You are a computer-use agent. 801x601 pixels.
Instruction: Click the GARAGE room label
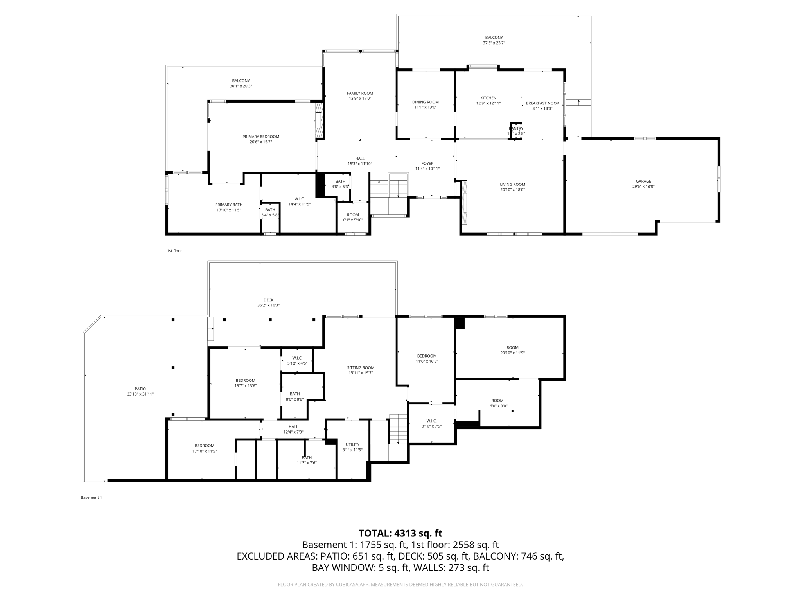click(643, 181)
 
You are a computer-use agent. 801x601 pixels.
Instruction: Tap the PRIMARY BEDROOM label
click(260, 137)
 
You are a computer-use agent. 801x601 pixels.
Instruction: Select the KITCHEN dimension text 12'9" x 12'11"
click(488, 103)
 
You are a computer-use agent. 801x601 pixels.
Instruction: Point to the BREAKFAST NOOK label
click(542, 103)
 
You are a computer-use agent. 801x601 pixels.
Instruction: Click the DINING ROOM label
click(425, 102)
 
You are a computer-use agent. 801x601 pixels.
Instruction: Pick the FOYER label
click(427, 164)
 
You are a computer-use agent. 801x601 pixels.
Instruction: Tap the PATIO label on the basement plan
click(140, 389)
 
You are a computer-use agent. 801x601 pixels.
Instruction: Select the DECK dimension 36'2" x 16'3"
click(268, 305)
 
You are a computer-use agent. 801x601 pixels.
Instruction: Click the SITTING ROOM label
click(360, 367)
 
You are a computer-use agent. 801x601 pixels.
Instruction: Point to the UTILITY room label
click(352, 444)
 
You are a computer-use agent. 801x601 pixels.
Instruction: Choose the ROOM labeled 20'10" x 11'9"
click(512, 347)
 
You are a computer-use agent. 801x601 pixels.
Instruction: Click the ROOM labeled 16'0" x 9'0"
click(497, 401)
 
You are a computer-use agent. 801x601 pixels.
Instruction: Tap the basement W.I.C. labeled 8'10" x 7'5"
click(431, 421)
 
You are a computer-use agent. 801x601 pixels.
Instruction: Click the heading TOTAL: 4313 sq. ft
click(400, 533)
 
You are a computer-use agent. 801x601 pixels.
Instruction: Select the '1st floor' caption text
click(174, 251)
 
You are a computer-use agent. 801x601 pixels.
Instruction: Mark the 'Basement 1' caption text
click(91, 497)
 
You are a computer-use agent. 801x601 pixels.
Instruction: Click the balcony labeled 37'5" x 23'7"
click(494, 38)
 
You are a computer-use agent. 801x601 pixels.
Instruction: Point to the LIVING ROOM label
click(512, 184)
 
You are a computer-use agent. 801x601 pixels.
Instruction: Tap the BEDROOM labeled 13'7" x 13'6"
click(245, 380)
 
